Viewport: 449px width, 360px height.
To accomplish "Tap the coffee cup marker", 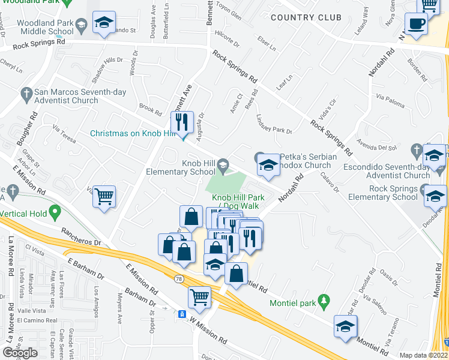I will coord(415,25).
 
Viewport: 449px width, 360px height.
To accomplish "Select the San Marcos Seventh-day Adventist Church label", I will coord(66,97).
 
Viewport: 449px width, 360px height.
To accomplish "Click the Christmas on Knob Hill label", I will coord(129,133).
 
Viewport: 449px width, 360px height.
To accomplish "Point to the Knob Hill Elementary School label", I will coord(181,167).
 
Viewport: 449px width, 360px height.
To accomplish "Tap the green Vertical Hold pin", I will coord(55,211).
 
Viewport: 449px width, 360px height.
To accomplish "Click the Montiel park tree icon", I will coord(325,299).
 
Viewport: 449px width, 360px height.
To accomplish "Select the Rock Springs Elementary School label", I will coord(384,193).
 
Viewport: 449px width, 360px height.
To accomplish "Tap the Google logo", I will coord(20,353).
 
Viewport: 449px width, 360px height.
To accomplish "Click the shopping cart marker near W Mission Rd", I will coord(199,296).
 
